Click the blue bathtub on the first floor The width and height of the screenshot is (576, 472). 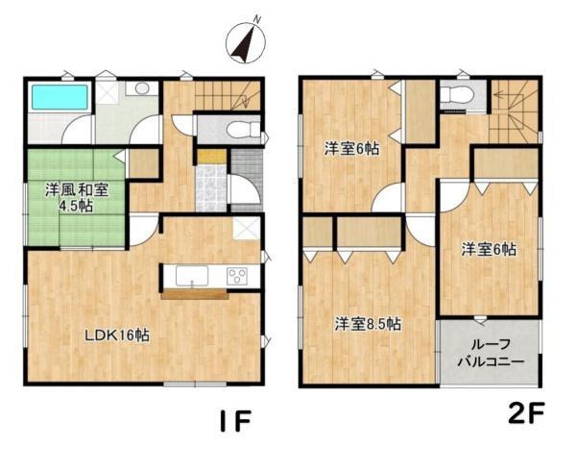tap(60, 97)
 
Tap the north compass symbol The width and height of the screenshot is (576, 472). tap(246, 41)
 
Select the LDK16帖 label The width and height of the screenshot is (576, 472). tap(117, 335)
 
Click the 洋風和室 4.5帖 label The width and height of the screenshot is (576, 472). tap(77, 198)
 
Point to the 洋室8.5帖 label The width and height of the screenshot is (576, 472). tap(368, 325)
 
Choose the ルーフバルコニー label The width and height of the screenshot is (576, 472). tap(491, 353)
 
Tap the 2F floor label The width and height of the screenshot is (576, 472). tap(526, 412)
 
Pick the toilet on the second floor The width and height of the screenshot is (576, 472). tap(452, 95)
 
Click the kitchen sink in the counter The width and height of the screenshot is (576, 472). tap(192, 276)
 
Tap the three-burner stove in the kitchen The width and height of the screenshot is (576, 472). tap(237, 276)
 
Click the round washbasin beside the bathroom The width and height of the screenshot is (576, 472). tap(141, 88)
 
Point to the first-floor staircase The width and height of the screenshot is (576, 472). tap(228, 95)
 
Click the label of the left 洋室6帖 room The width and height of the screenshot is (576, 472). tap(351, 149)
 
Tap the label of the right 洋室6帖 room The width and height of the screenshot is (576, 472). tap(489, 250)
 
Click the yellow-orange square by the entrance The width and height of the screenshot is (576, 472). tap(212, 157)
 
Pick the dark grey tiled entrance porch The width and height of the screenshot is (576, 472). tap(247, 180)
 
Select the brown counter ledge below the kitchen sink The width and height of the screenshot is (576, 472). tap(195, 294)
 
